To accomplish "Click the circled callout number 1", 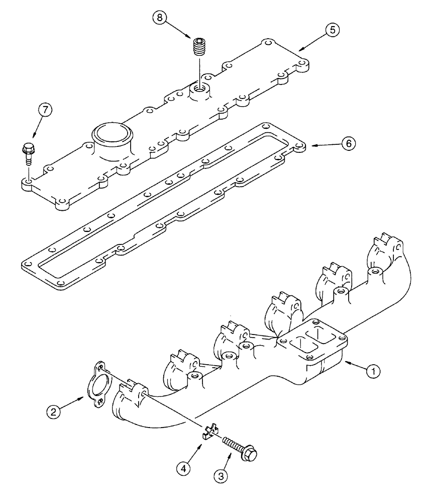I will point(372,372).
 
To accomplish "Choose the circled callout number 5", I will point(332,30).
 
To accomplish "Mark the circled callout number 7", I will point(43,111).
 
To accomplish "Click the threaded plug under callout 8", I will point(199,48).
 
